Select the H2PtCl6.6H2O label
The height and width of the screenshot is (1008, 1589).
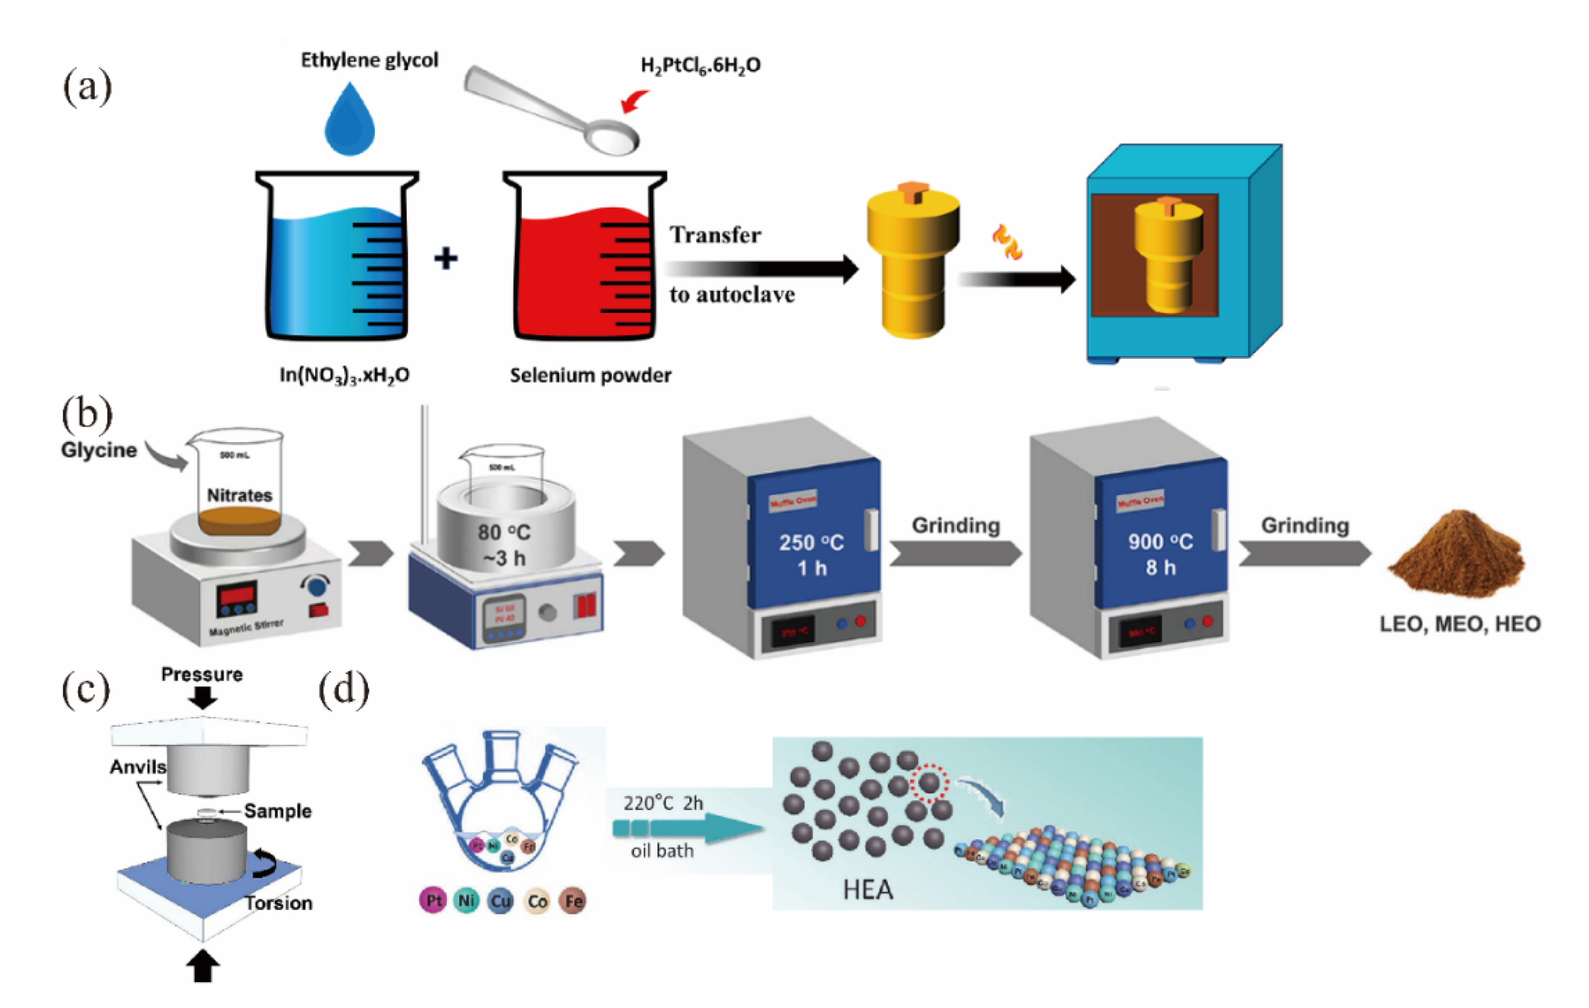point(700,65)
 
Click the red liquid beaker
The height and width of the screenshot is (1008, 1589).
point(585,271)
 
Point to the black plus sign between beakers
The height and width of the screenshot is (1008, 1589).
point(445,258)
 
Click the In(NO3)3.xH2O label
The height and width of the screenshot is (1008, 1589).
point(344,375)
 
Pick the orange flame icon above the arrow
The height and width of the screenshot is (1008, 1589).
point(1007,242)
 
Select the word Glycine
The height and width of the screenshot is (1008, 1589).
point(99,450)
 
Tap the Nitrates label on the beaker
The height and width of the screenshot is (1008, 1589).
point(240,495)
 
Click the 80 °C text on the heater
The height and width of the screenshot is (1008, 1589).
point(504,532)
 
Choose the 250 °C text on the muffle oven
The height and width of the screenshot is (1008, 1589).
point(811,543)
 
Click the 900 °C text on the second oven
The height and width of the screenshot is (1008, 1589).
point(1160,542)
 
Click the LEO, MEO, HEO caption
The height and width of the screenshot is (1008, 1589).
point(1459,624)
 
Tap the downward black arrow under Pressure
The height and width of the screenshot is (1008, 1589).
point(202,698)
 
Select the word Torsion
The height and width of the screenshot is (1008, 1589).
point(279,902)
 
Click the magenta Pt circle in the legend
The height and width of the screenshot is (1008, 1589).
point(433,900)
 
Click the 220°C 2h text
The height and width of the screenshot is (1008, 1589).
point(663,803)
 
